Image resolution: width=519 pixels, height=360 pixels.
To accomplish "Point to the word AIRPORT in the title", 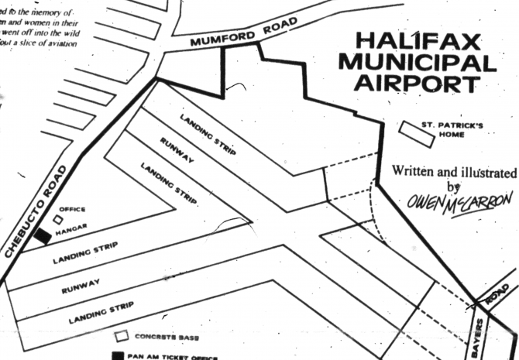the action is click(425, 84).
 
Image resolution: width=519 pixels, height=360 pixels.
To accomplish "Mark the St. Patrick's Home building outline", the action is click(416, 134).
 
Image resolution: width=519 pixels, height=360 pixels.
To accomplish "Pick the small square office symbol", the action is click(57, 218).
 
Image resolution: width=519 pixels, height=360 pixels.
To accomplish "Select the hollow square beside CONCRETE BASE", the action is click(121, 338).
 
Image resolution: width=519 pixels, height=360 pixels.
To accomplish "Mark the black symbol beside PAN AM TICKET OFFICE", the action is click(118, 355).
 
